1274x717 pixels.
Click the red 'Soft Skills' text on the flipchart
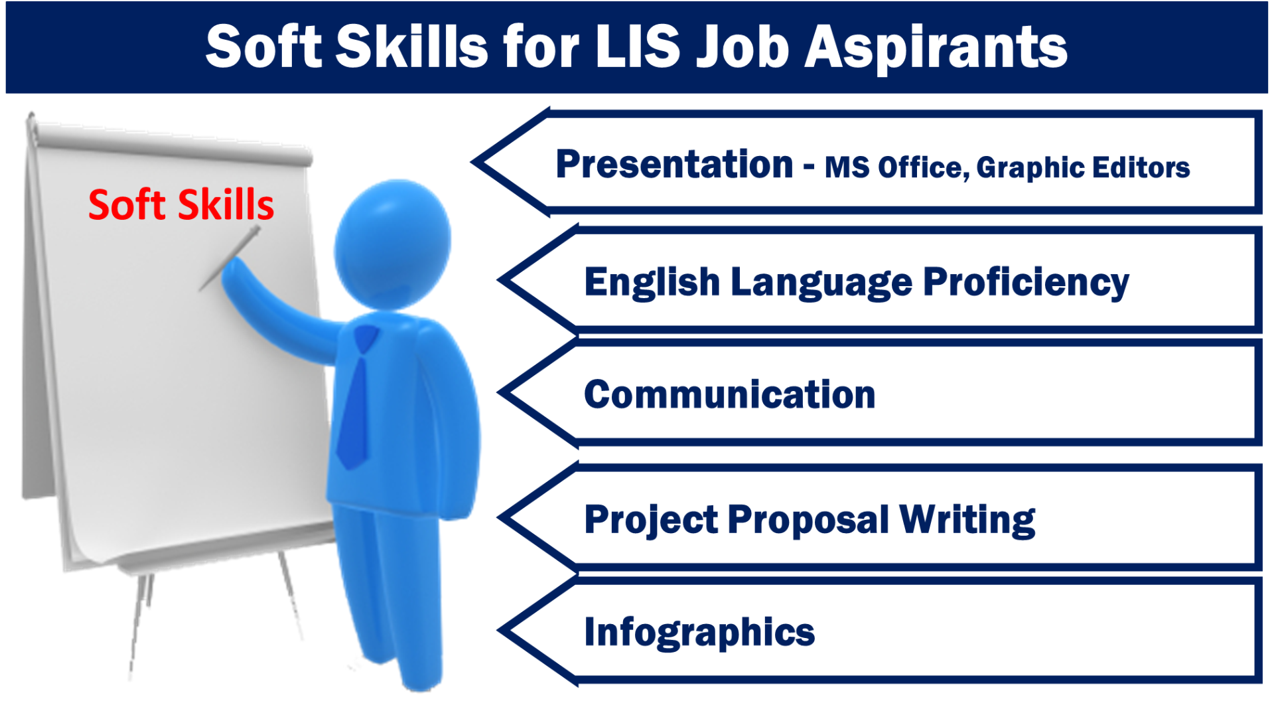(x=181, y=204)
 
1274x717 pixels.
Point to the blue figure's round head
(x=393, y=242)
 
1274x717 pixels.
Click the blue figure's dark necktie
(x=355, y=398)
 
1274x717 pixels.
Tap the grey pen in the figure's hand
(x=229, y=259)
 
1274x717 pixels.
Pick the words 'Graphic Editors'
(x=1083, y=168)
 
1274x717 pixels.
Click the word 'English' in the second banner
(x=652, y=283)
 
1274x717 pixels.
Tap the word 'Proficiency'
(x=1026, y=283)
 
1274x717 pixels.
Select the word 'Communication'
(x=730, y=395)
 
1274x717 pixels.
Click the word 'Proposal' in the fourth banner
(x=808, y=519)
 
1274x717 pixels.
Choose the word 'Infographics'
(x=699, y=632)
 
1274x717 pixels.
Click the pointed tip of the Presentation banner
(x=472, y=161)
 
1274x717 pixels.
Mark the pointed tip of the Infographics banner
(x=499, y=631)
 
